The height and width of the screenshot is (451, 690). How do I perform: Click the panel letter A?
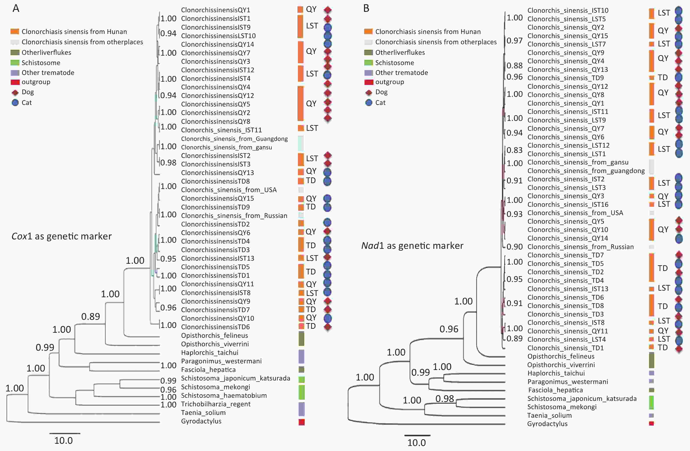click(x=16, y=8)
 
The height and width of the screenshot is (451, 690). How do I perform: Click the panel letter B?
click(x=366, y=8)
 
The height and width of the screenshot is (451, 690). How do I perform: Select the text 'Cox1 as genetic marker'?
click(x=62, y=236)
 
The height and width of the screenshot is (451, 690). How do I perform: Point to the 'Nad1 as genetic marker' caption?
click(x=412, y=246)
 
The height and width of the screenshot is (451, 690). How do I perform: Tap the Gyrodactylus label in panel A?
click(x=201, y=421)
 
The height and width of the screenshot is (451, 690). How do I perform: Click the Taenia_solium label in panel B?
click(x=549, y=415)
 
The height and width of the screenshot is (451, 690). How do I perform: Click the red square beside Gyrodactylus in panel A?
click(x=301, y=422)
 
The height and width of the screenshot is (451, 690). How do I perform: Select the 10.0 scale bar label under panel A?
click(x=64, y=440)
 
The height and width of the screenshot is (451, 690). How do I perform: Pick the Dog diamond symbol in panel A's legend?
click(x=15, y=93)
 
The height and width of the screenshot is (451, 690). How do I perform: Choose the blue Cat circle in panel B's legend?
click(x=369, y=103)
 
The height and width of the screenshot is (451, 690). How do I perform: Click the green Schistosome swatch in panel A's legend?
click(x=15, y=63)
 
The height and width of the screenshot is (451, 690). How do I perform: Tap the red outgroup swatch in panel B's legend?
click(x=368, y=82)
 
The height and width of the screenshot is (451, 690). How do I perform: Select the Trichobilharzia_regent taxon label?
click(x=216, y=404)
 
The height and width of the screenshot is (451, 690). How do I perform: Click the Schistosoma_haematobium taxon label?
click(x=224, y=395)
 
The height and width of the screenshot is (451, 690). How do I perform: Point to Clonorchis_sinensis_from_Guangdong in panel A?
click(x=234, y=139)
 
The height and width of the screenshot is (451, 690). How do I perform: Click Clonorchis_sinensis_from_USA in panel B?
click(x=575, y=213)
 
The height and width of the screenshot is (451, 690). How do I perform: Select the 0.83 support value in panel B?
click(x=515, y=150)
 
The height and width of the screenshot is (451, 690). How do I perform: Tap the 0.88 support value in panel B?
click(x=515, y=65)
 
